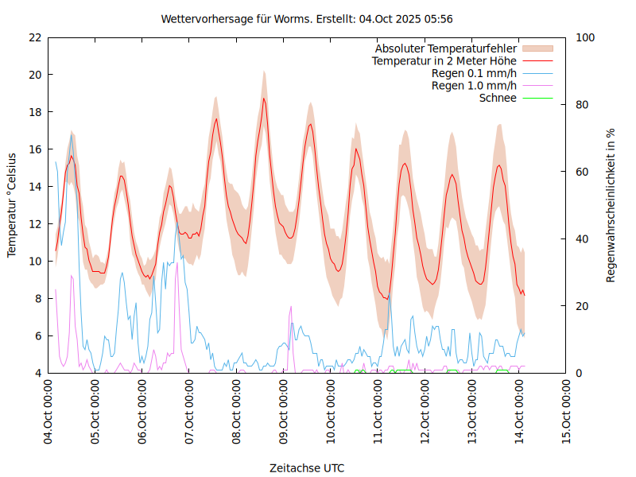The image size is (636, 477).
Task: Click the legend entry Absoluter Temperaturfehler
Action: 446,48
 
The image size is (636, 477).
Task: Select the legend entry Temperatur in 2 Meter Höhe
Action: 444,61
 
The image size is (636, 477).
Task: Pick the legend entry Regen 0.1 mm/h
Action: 474,73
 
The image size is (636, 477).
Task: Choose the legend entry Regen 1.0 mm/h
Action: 474,86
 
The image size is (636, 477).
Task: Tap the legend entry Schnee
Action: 498,98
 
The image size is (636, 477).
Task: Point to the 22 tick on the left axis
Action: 35,37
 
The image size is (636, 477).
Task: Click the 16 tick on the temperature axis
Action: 35,149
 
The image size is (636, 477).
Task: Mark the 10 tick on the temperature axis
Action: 35,261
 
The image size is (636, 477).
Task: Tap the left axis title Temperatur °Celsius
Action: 12,205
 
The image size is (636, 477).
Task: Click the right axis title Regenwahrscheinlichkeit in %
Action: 611,205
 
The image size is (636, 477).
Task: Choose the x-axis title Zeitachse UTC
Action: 307,467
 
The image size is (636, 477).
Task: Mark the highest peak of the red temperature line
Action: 264,99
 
